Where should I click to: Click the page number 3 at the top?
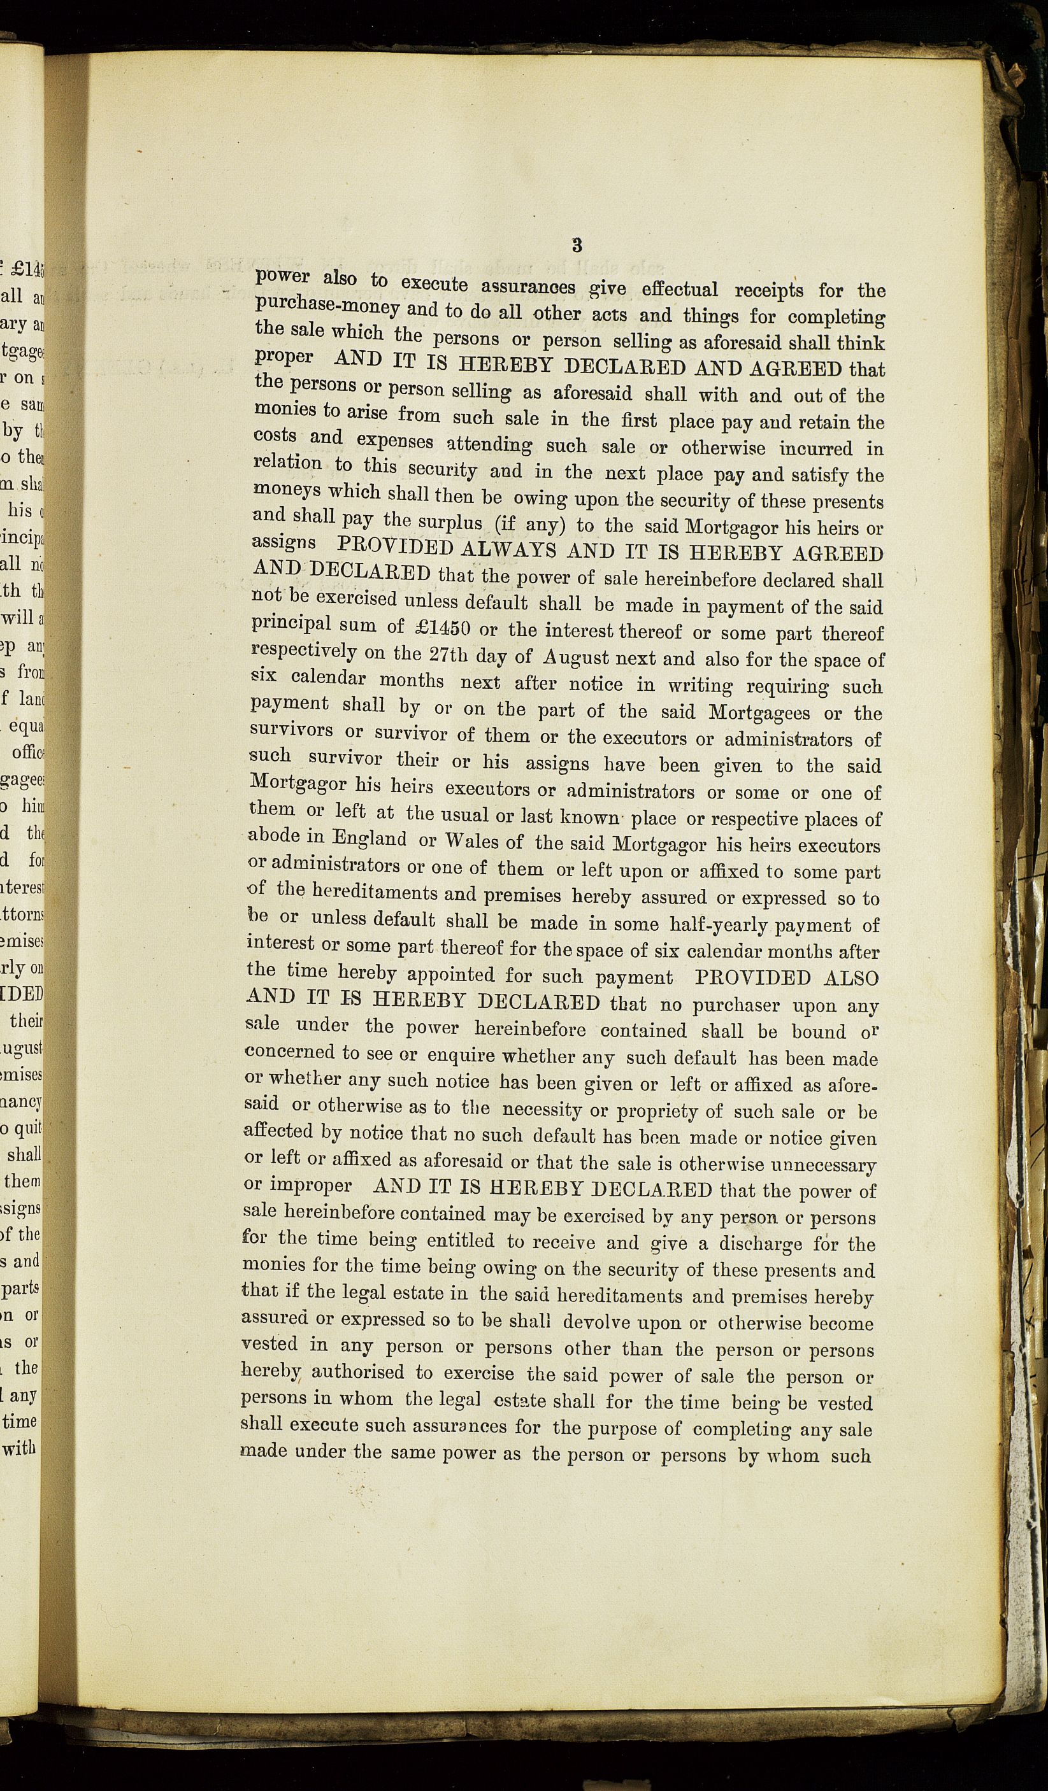[x=577, y=245]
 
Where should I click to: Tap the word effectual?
[x=679, y=289]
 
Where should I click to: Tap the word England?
[x=369, y=839]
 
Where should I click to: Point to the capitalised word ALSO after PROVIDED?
[x=851, y=978]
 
